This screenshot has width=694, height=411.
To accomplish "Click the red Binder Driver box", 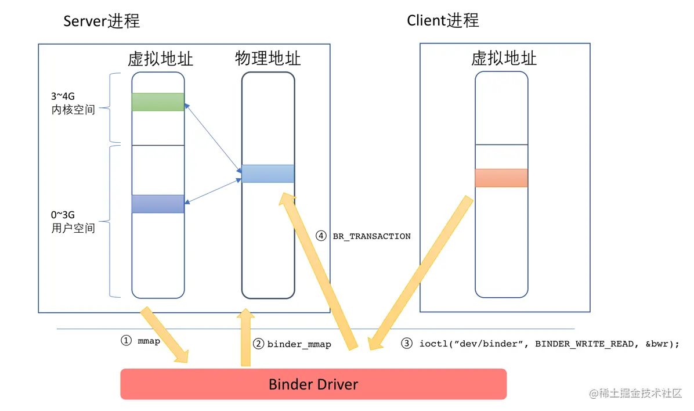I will (x=313, y=384).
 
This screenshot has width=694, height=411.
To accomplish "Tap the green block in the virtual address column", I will (x=158, y=102).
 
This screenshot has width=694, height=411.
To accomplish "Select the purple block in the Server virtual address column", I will (x=158, y=204).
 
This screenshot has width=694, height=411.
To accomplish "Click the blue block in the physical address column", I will (x=268, y=174).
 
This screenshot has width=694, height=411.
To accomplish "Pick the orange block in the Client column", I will (x=501, y=178).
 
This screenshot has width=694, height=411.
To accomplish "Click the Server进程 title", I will (x=102, y=21).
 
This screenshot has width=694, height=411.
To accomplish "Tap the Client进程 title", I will (x=443, y=20).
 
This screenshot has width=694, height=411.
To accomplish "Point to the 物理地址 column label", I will (x=268, y=58).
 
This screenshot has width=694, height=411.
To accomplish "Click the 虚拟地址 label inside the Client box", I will (x=504, y=58).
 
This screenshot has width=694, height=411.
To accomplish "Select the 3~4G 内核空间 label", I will (x=73, y=103).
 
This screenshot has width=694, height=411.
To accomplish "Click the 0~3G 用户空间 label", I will (x=73, y=221).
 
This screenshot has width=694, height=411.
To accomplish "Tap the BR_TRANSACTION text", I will (x=371, y=236).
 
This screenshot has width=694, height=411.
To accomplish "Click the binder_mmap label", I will (x=299, y=344).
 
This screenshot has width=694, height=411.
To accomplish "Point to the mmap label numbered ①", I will (x=149, y=341).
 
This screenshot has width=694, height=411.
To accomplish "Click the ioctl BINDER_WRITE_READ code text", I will (x=548, y=344).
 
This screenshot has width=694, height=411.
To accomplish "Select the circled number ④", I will (x=321, y=236).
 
